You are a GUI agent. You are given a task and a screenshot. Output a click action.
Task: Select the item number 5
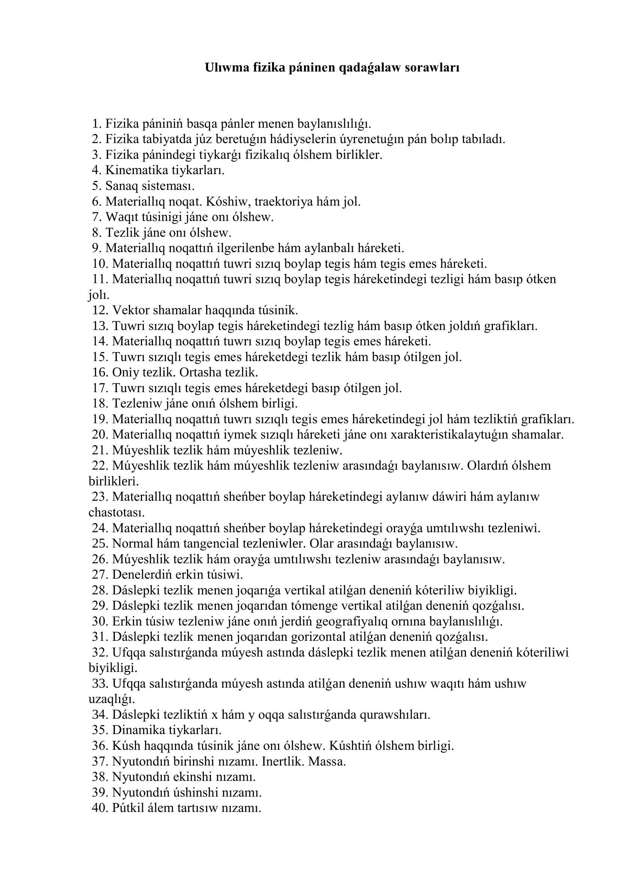pos(96,186)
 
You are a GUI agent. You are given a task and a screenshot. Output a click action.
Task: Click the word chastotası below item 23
pos(117,512)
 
